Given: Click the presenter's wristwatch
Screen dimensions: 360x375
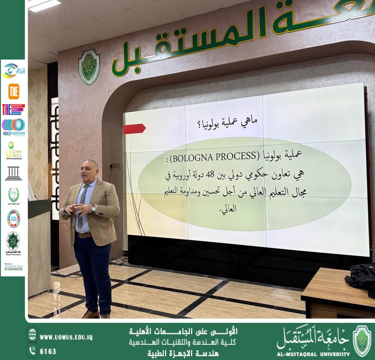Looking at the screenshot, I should point(94,209).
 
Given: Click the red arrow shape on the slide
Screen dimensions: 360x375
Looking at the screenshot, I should point(134,128).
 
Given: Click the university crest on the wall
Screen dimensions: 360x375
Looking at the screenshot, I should point(89,67).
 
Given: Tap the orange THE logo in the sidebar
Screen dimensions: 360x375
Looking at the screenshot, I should point(14,91).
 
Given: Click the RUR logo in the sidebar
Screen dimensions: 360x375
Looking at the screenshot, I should point(14,71).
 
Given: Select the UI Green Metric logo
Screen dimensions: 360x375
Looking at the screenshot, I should point(14,150).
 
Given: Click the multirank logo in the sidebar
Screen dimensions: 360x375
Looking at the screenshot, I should point(14,127).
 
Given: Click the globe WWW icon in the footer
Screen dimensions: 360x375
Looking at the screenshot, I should point(32,335).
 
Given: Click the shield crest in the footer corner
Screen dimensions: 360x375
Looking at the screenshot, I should point(362,340).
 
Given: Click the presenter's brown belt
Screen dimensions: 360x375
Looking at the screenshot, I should point(84,235).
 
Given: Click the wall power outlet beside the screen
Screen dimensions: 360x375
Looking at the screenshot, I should point(114,165).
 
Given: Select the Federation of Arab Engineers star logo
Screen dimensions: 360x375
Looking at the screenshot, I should point(14,241).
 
